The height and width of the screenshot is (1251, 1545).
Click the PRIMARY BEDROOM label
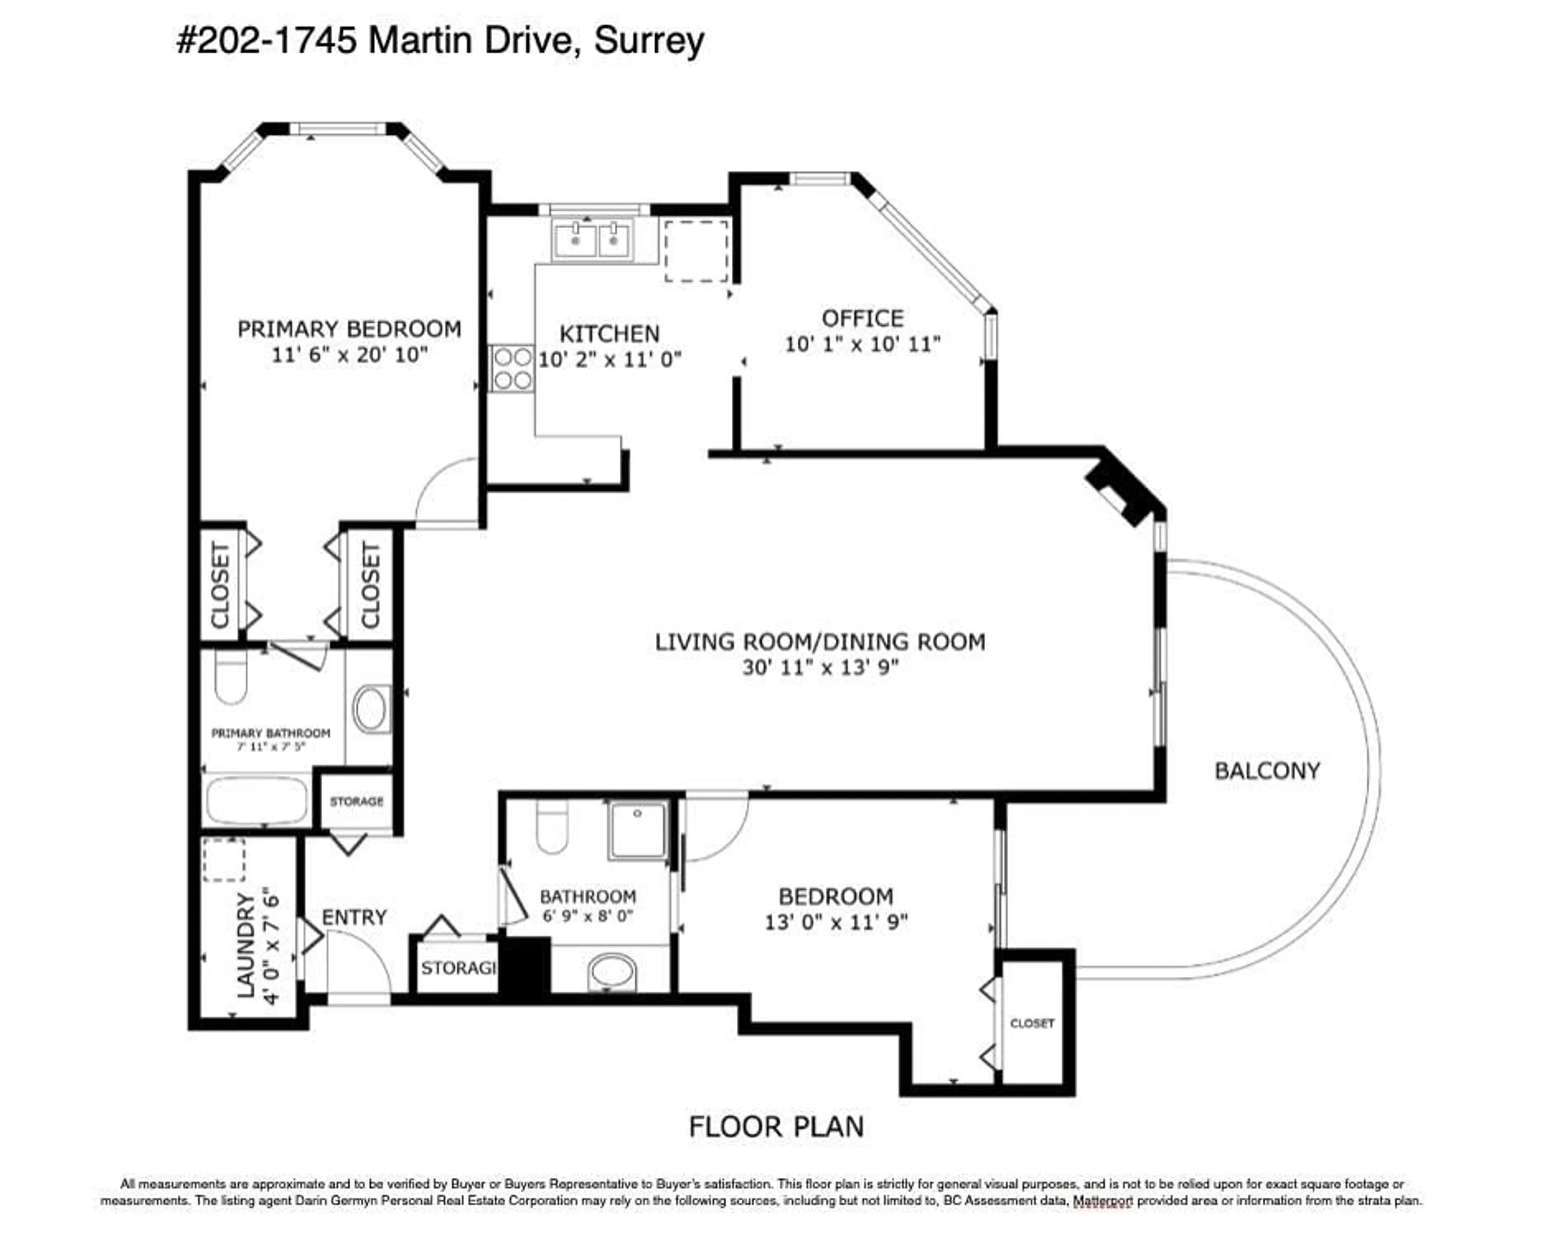(x=349, y=329)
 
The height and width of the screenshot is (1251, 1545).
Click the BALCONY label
(x=1267, y=771)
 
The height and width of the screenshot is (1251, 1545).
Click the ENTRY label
(x=354, y=917)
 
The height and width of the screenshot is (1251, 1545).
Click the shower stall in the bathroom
(x=637, y=830)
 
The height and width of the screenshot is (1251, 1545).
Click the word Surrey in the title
(x=649, y=41)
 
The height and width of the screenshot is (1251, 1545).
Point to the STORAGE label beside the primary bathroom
(x=356, y=801)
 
